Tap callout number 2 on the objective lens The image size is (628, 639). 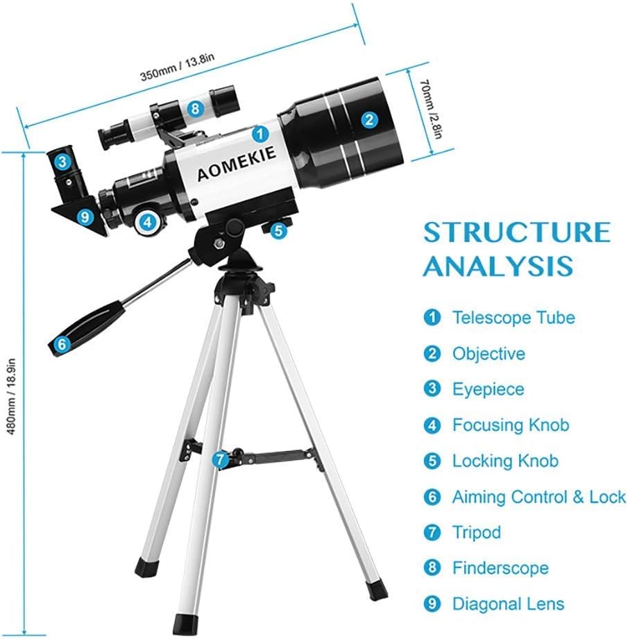click(x=369, y=119)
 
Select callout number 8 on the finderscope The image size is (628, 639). click(x=195, y=108)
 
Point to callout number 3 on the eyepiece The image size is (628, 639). click(x=62, y=163)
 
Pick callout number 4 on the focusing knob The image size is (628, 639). click(x=147, y=223)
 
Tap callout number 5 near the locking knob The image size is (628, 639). click(x=278, y=230)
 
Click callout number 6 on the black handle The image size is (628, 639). click(x=61, y=343)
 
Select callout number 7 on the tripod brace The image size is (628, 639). click(x=220, y=459)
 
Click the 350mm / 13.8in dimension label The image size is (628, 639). click(x=177, y=71)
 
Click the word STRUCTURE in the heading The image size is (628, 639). click(x=516, y=232)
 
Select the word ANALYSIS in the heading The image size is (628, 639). click(x=498, y=266)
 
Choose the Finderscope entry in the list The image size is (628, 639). click(x=500, y=568)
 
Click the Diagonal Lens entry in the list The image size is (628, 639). click(x=508, y=604)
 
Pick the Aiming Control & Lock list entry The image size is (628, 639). click(x=538, y=497)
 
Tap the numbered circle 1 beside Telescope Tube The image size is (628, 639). click(x=432, y=318)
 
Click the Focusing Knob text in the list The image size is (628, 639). click(x=510, y=425)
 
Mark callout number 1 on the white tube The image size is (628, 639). click(x=259, y=133)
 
